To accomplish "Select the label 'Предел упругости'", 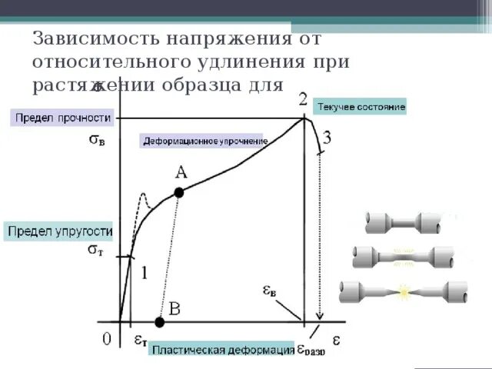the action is tap(59, 231).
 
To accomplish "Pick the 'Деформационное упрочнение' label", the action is tap(203, 141).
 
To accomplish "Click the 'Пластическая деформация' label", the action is tap(221, 351).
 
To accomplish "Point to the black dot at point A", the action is tap(179, 193).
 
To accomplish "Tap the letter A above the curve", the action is tap(182, 173).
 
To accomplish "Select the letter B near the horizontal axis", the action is tap(175, 310).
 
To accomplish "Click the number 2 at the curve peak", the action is tap(303, 99).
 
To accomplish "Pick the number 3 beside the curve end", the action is tap(327, 139).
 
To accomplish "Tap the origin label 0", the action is tap(108, 337).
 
